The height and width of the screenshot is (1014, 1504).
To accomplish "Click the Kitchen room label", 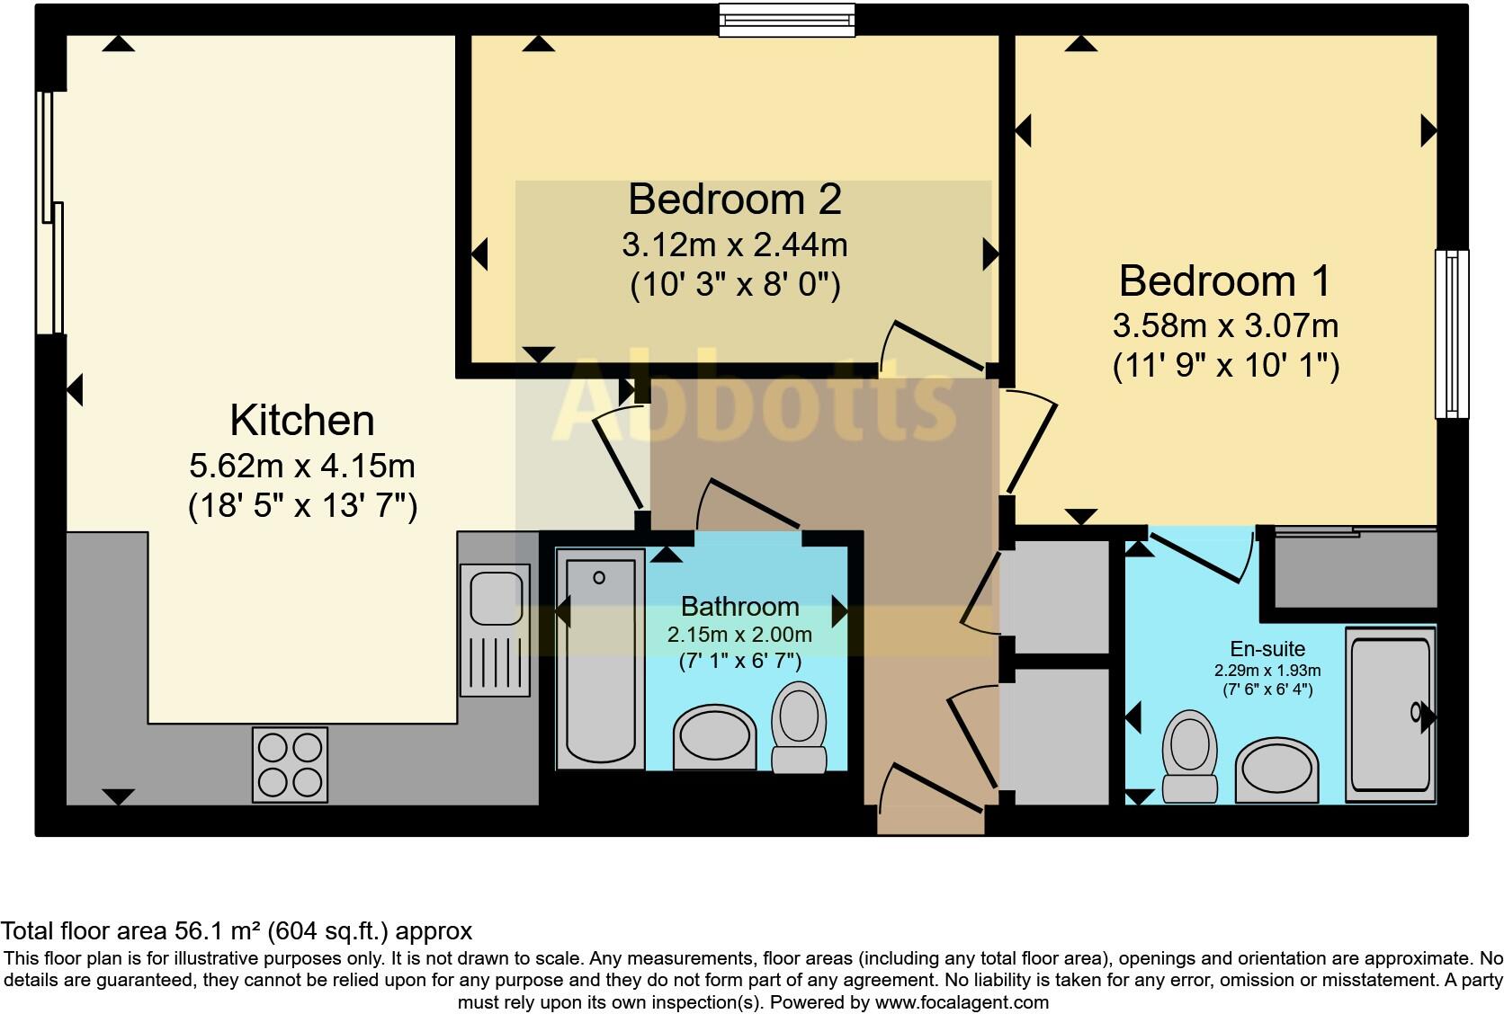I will click(301, 421).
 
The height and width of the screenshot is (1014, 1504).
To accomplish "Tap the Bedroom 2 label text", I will click(734, 200).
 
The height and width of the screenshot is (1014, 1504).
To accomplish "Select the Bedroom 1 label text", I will click(1224, 281).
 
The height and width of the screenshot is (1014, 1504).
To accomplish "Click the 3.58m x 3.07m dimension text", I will click(1225, 325).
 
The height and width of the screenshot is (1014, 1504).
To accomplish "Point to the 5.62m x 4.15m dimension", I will click(302, 466).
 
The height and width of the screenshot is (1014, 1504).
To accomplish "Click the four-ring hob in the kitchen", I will click(290, 764).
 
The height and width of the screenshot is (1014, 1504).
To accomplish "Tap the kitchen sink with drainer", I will click(495, 629).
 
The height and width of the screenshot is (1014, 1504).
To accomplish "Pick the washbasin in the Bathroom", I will click(715, 737).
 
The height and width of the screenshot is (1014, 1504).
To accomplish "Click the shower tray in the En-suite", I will click(1390, 715).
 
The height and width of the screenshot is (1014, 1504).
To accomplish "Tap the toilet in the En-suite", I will click(1189, 755).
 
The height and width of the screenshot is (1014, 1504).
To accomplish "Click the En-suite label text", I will click(1267, 649).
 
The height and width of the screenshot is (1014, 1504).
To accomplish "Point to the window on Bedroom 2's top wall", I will click(786, 20).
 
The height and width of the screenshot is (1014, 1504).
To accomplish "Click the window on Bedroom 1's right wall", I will click(1451, 334).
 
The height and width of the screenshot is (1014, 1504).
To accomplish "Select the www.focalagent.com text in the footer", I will click(962, 1001).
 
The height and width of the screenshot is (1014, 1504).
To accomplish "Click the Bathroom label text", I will click(739, 607).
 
